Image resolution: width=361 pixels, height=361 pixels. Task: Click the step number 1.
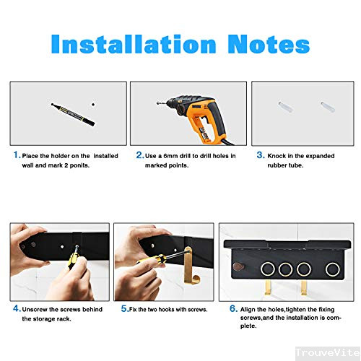pos(16,155)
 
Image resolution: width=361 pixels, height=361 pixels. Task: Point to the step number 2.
pos(139,155)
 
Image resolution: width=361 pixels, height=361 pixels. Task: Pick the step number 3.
pos(260,155)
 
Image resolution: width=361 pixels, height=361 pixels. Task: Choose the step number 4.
pos(16,308)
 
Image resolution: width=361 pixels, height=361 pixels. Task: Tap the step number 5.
pos(124,308)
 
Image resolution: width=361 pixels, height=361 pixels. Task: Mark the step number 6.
pos(233,308)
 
